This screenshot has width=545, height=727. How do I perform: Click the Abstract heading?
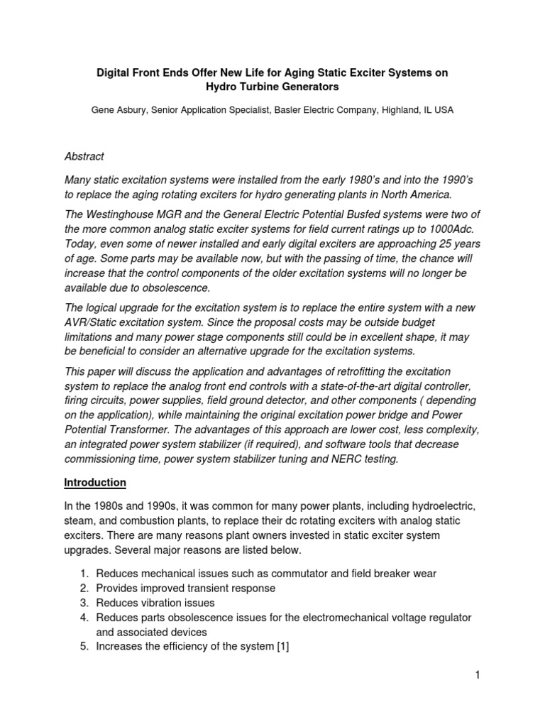(84, 156)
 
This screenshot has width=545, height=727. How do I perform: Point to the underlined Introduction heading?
(95, 482)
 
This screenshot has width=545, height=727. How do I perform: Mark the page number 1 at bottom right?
(478, 674)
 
